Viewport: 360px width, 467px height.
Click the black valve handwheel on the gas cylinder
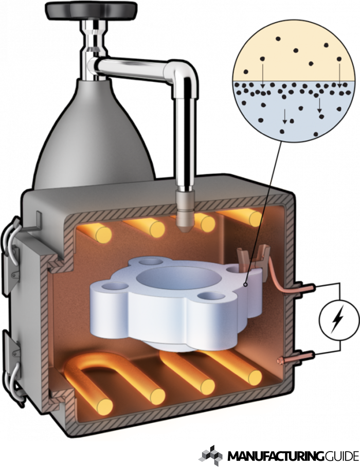92,11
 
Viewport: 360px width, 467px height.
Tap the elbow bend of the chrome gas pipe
181,75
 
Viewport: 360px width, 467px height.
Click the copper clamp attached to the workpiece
253,259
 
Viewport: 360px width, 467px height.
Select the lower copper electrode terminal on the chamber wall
296,357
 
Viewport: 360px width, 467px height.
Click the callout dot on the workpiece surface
245,285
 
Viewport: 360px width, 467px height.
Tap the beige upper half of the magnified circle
294,56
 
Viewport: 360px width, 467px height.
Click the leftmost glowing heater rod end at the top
103,235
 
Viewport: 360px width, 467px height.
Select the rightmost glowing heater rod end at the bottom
255,378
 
